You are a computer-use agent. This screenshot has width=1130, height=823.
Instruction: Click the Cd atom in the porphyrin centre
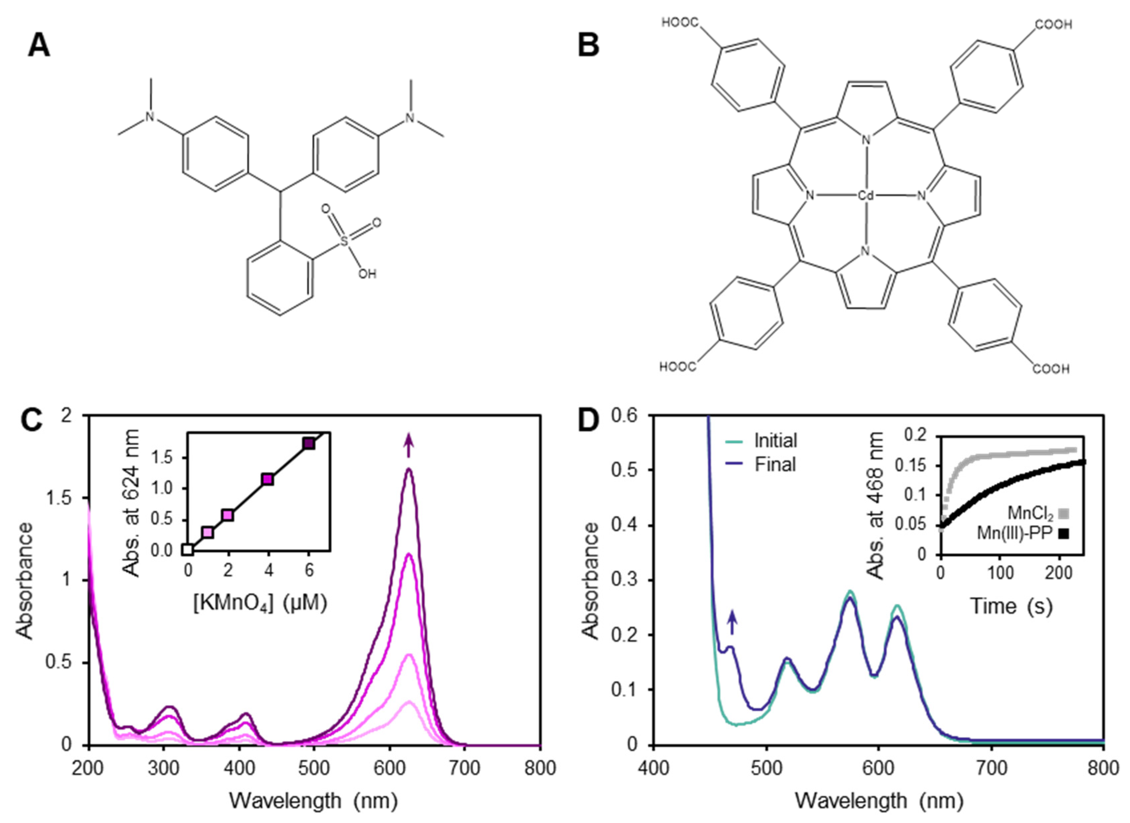(865, 196)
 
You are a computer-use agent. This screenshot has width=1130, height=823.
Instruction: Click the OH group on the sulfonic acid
(367, 273)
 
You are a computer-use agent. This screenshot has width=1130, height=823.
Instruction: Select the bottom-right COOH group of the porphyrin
(1051, 369)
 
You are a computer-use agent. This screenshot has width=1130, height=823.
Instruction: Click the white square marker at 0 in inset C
(188, 550)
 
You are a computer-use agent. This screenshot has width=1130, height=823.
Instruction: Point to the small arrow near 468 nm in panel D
(732, 623)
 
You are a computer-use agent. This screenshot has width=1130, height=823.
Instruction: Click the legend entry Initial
(775, 440)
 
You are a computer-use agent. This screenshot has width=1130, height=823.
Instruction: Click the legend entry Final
(775, 464)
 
